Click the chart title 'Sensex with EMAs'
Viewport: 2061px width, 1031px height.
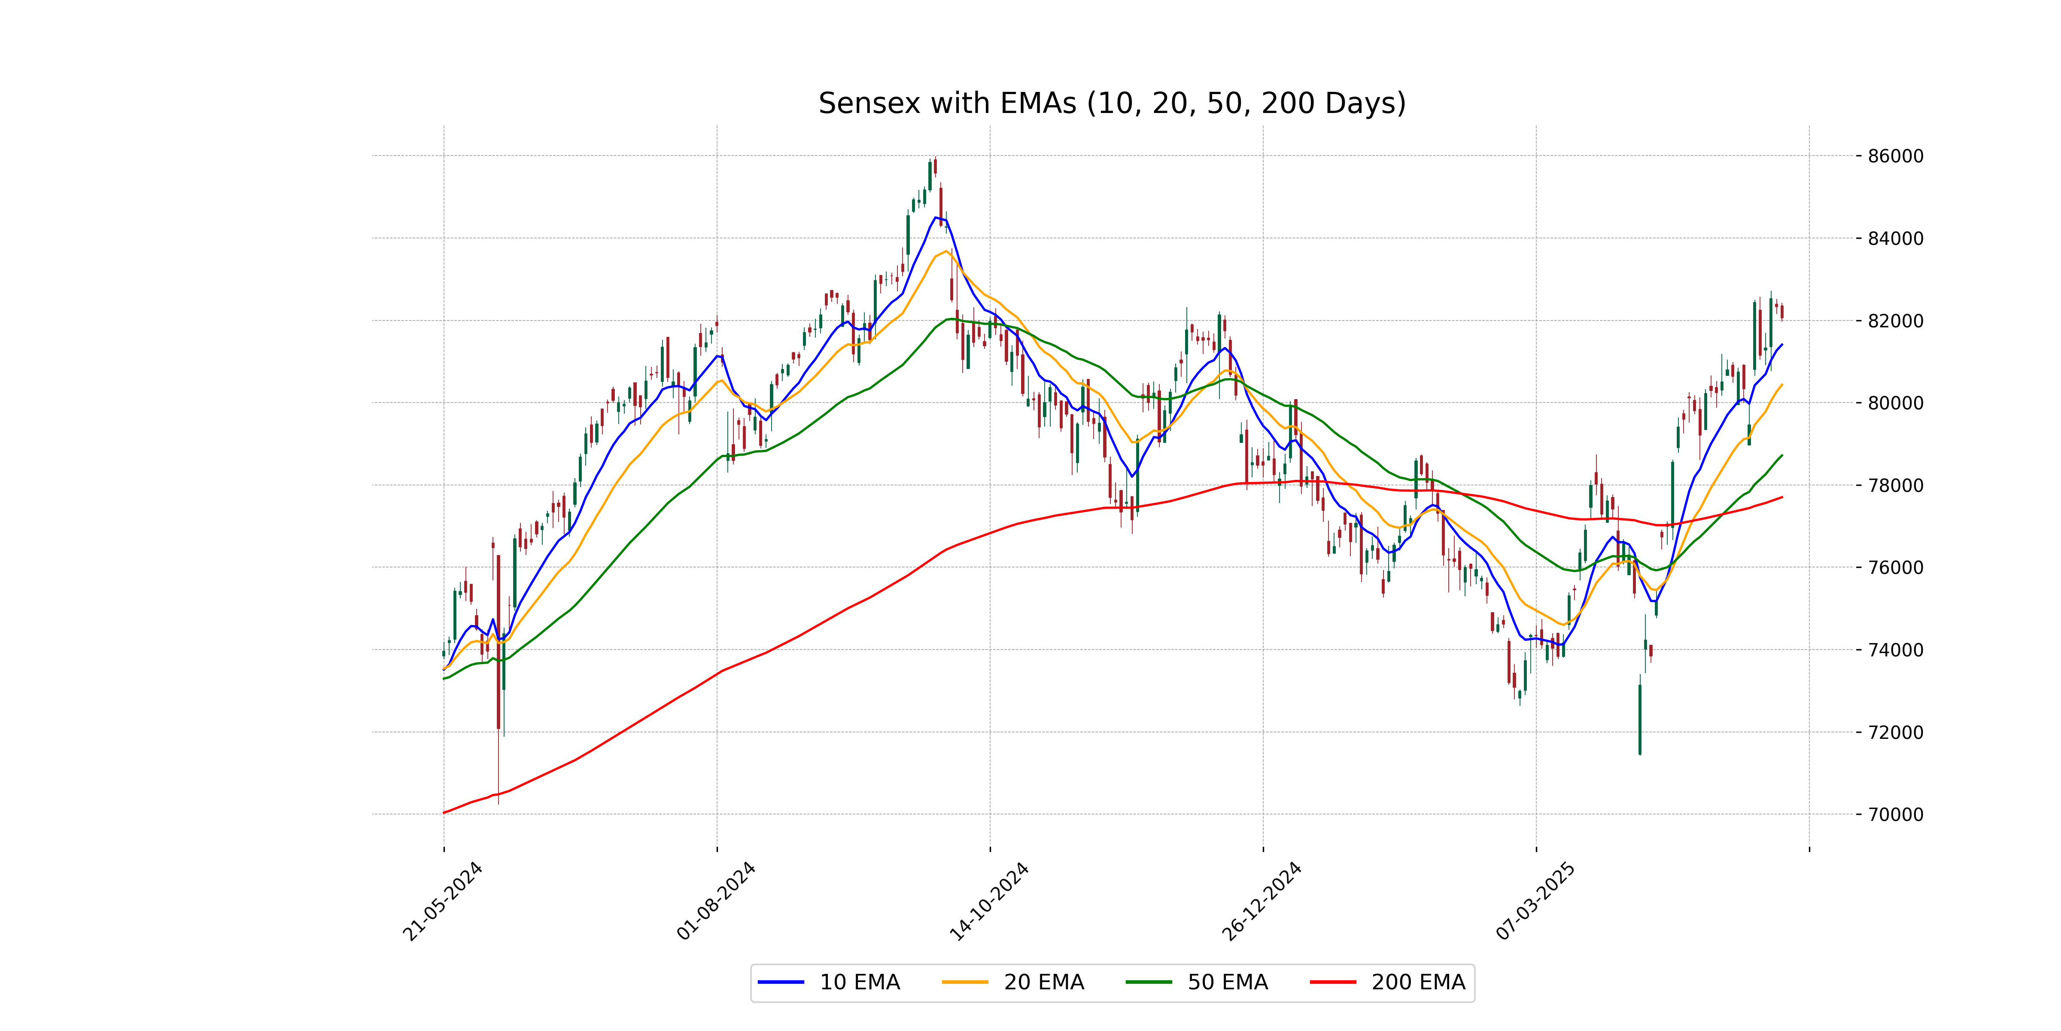tap(1111, 103)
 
